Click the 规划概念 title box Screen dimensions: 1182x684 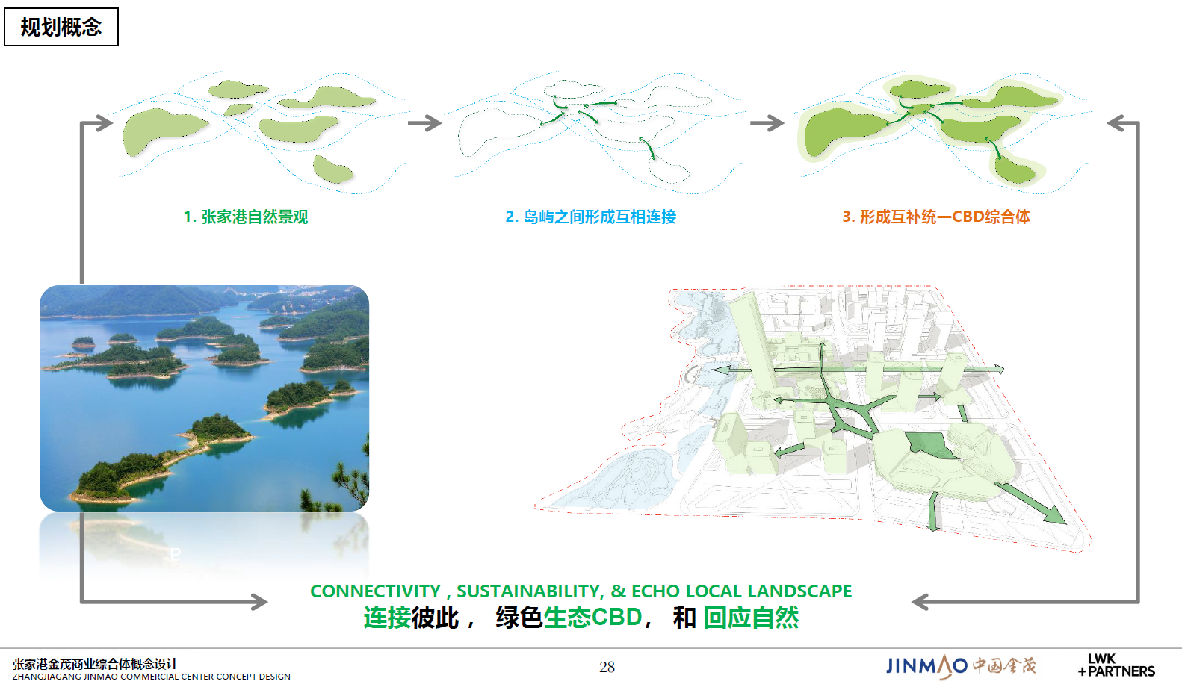point(61,27)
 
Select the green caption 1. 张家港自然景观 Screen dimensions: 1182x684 point(245,217)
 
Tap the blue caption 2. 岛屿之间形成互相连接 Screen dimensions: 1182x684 point(590,217)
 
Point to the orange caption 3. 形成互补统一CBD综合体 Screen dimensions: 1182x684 point(935,217)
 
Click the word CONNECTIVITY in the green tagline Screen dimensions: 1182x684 point(375,591)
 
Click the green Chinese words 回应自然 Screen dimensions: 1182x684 point(751,618)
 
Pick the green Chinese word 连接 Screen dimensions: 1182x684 point(387,618)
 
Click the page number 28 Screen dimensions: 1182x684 point(607,667)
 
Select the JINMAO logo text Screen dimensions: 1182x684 point(926,666)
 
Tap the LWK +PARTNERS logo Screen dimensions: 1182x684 point(1116,665)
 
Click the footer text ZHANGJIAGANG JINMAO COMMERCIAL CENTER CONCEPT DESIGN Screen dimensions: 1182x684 point(152,677)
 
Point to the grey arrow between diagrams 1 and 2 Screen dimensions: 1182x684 point(425,123)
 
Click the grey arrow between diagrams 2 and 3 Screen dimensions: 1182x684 point(767,123)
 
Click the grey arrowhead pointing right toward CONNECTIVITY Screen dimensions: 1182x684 point(259,602)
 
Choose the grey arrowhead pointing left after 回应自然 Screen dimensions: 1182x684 point(920,602)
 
